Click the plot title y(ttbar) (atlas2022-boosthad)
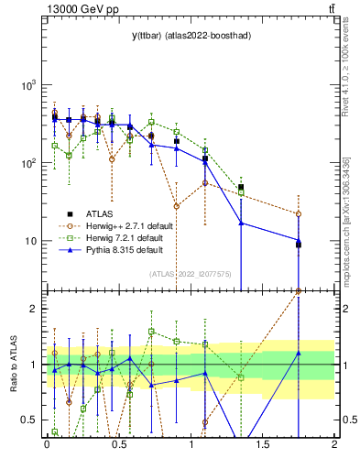click(191, 35)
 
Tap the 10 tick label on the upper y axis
click(29, 242)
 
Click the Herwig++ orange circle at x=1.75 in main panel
click(299, 214)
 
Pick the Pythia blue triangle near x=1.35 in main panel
click(241, 223)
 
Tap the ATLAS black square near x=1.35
click(241, 188)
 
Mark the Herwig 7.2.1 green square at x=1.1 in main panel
click(205, 150)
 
